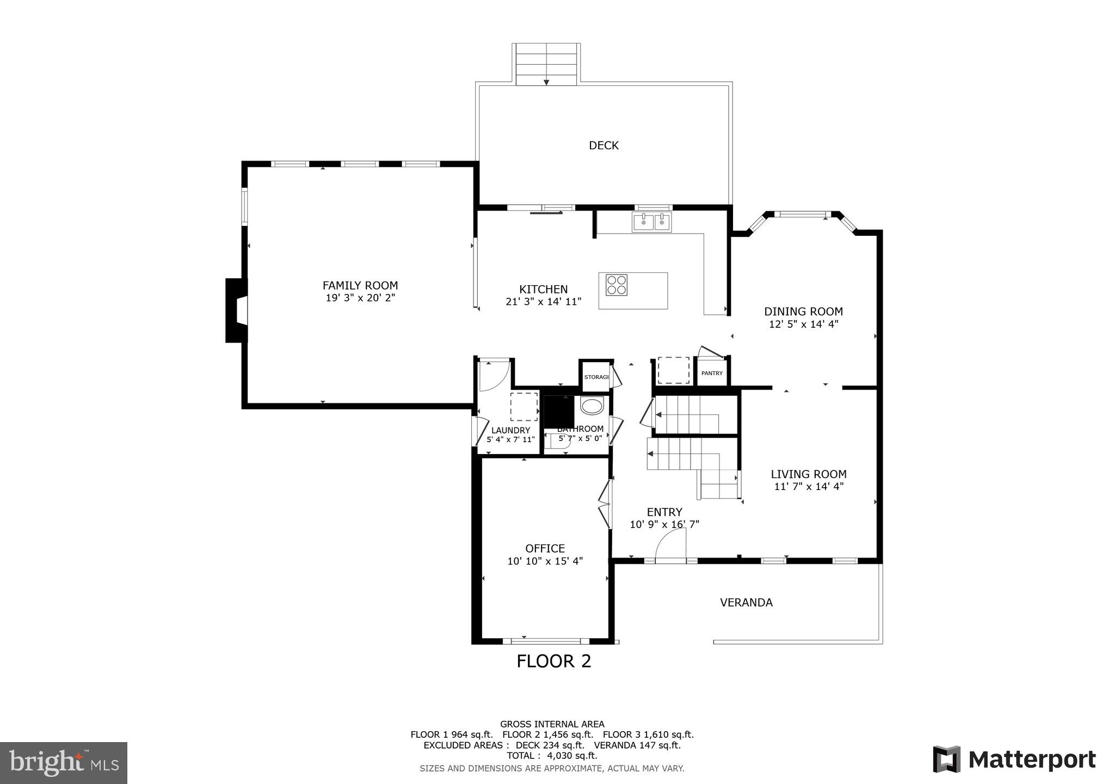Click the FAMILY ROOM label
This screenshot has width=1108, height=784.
point(360,285)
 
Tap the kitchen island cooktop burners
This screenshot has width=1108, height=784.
point(616,285)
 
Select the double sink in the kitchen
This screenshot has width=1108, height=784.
point(651,222)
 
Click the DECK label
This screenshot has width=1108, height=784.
point(604,145)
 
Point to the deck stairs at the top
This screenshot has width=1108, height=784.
point(546,64)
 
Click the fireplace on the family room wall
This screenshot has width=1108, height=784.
point(236,310)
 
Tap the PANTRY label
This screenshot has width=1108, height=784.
point(712,373)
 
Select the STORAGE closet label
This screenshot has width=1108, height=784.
point(596,377)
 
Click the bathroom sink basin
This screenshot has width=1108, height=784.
point(592,406)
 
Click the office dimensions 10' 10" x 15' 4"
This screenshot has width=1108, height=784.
point(545,561)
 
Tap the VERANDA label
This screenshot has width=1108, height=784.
point(746,603)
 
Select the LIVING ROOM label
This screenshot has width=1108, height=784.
point(808,474)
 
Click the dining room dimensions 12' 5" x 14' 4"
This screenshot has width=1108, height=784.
point(803,324)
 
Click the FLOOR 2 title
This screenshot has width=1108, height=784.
point(553,661)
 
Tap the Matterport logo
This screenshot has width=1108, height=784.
point(1014,759)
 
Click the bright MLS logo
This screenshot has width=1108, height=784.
point(64,763)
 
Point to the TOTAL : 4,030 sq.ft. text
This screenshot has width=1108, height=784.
point(552,756)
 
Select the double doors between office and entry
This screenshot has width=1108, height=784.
point(605,504)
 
